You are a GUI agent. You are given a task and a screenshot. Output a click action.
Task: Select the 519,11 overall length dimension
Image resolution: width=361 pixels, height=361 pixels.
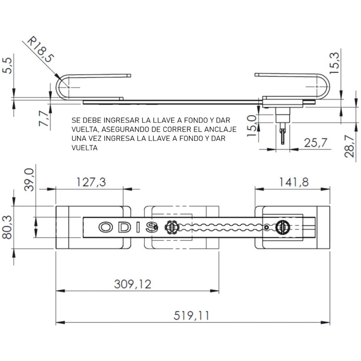point(192,315)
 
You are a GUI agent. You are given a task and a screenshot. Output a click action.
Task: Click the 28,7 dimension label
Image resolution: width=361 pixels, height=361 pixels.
point(350,144)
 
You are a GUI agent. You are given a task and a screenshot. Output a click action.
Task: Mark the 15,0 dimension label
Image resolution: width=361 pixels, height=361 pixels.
point(251,125)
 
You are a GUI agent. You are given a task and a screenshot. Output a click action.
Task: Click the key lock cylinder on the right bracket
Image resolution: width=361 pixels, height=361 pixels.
point(280,228)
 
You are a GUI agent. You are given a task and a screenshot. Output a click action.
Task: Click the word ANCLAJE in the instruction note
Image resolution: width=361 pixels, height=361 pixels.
point(222,130)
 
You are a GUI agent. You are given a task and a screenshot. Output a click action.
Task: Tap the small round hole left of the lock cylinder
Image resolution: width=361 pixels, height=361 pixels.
point(267,228)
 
